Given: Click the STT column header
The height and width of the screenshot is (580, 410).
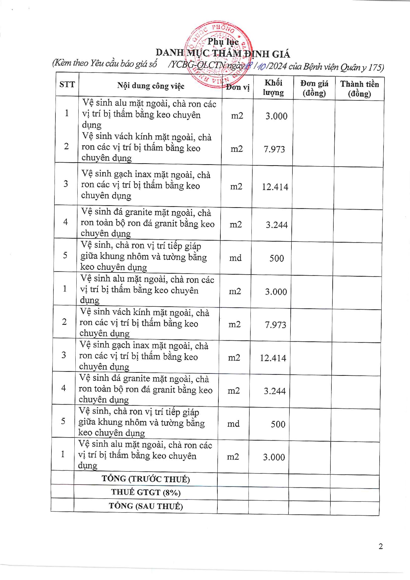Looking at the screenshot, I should click(67, 85).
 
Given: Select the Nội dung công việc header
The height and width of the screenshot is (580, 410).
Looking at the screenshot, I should click(151, 86).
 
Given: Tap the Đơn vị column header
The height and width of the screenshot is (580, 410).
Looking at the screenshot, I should click(238, 87).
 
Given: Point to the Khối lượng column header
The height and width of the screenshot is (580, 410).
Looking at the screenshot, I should click(273, 88).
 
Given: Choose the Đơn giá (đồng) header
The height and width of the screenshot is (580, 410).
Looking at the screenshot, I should click(314, 88).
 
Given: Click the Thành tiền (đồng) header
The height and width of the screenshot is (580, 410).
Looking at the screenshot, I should click(359, 89).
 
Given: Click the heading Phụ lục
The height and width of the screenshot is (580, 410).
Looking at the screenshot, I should click(223, 42).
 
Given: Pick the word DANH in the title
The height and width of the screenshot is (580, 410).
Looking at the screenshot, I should click(169, 52).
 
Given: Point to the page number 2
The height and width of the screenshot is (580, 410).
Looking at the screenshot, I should click(381, 546).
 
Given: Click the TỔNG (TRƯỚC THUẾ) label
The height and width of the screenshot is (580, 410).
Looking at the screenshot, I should click(146, 479).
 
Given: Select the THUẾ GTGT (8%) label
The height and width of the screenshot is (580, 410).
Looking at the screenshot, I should click(146, 492).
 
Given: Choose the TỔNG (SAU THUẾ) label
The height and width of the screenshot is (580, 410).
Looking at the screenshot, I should click(146, 506).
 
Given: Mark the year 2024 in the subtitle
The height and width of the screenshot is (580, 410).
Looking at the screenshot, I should click(278, 66).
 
